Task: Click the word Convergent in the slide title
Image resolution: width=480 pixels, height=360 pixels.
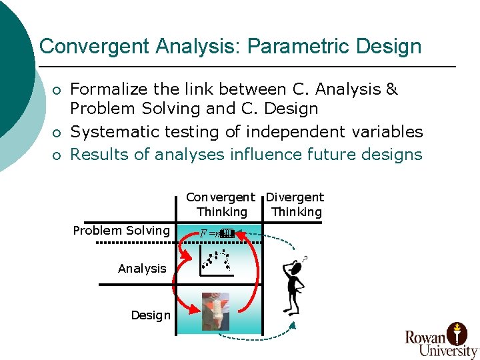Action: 94,47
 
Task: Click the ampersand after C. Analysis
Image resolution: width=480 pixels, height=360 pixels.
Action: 392,89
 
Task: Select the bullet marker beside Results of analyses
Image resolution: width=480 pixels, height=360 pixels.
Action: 58,156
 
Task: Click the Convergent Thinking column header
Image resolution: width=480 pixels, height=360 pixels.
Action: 221,205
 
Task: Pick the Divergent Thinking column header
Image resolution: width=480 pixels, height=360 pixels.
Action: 295,205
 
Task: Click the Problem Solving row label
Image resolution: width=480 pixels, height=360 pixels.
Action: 121,231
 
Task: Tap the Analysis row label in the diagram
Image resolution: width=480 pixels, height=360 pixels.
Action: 142,269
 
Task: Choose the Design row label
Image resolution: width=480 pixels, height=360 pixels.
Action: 151,315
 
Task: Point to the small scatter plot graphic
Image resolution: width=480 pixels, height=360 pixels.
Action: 217,261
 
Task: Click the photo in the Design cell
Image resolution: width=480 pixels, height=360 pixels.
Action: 215,311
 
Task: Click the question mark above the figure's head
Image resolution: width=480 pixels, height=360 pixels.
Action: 305,258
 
